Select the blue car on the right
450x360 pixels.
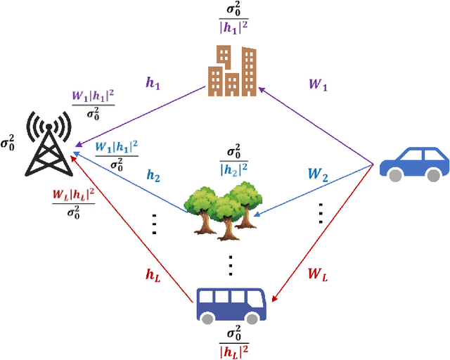click(413, 163)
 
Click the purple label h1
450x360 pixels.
click(153, 83)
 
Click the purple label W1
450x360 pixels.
click(319, 84)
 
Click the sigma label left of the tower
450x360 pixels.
click(9, 143)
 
